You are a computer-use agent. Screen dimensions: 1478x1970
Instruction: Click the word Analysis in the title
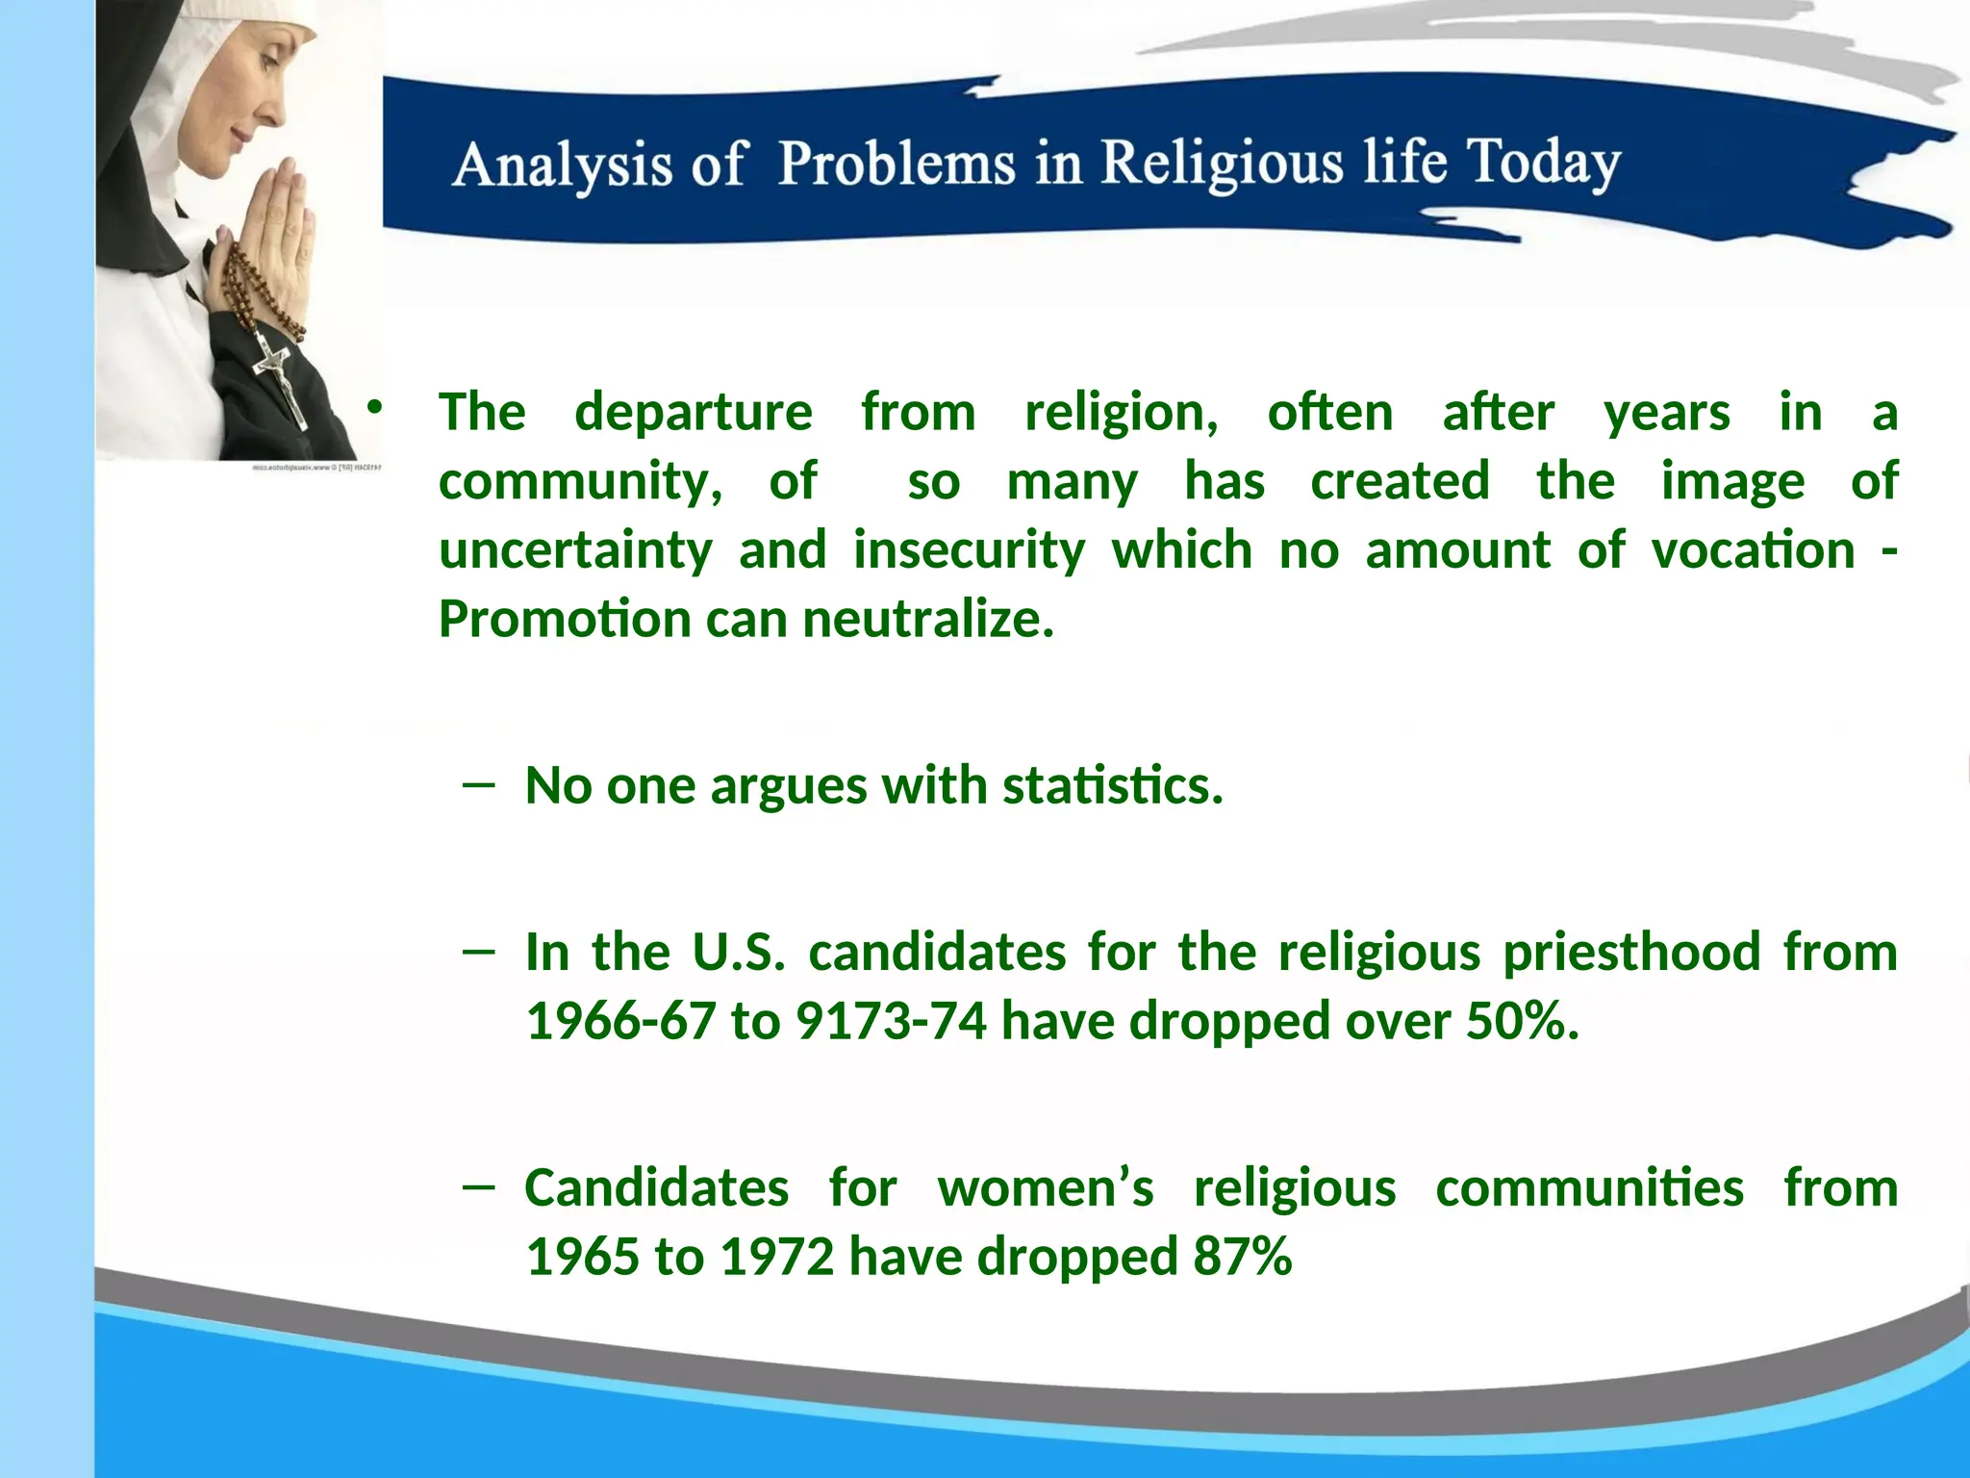tap(562, 166)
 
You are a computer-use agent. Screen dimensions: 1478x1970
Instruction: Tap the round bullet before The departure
tap(374, 408)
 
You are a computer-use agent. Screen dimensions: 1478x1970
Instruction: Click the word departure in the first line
tap(693, 412)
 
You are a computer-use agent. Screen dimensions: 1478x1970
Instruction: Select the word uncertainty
tap(575, 550)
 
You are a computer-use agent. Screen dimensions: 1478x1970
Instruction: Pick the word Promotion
tap(565, 619)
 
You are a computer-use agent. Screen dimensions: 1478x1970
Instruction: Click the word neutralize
tap(927, 619)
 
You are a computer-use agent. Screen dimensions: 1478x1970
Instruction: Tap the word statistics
tap(1112, 785)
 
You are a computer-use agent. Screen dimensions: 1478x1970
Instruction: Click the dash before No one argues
tap(478, 784)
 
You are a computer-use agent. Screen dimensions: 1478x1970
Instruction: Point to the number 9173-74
tap(891, 1021)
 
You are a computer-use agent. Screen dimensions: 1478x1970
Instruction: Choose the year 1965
tap(582, 1257)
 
